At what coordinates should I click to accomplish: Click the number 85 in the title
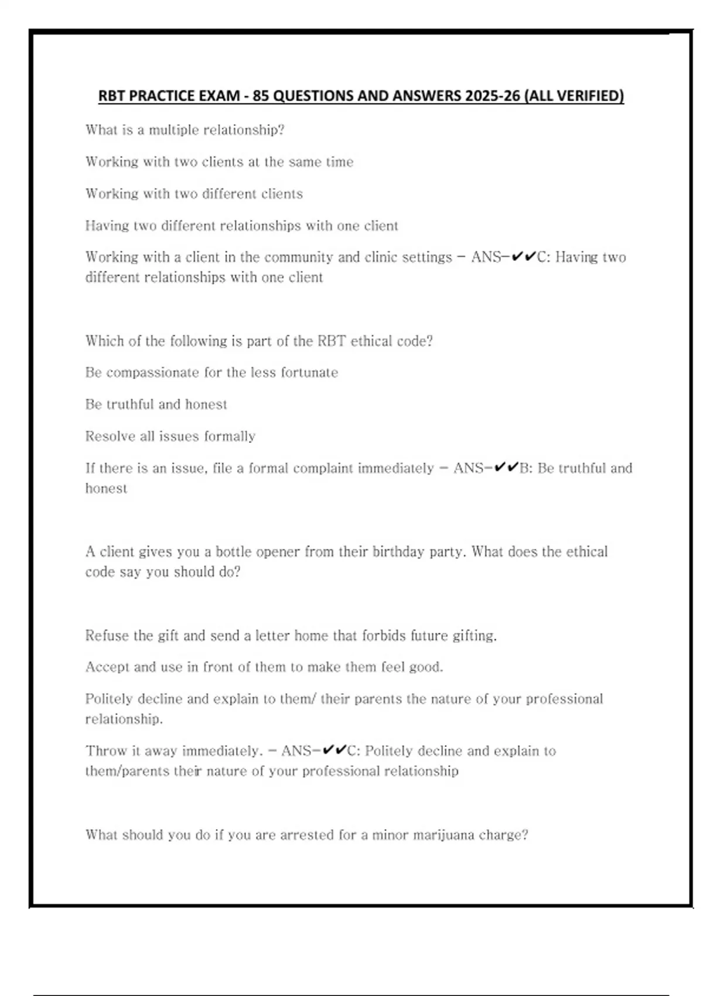tap(261, 96)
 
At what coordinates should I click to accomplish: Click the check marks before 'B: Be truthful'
tap(506, 468)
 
